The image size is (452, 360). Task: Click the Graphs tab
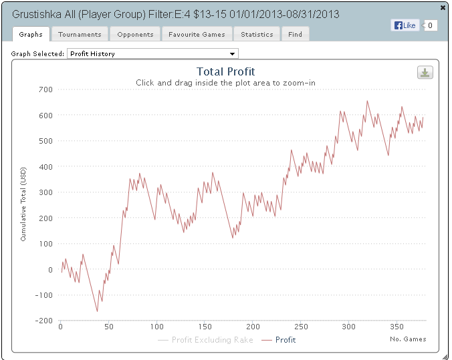(x=31, y=34)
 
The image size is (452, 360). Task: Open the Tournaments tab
(x=80, y=34)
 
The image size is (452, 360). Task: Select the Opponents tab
(x=135, y=34)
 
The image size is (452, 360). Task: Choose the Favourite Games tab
(x=197, y=34)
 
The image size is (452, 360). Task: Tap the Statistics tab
(x=257, y=34)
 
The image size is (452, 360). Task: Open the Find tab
(x=296, y=34)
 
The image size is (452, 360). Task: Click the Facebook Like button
(x=405, y=25)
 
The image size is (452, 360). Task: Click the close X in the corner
(x=443, y=7)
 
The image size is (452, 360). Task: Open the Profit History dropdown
(x=152, y=53)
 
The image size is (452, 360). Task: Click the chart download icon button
(x=425, y=73)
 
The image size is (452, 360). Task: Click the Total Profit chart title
(x=225, y=71)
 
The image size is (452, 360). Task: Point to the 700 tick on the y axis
(x=45, y=89)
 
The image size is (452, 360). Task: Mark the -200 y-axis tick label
(x=43, y=321)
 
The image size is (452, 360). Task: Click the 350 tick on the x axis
(x=397, y=327)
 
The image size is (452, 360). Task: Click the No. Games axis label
(x=407, y=339)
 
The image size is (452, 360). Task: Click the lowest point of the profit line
(x=97, y=311)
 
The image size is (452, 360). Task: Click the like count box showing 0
(x=431, y=25)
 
